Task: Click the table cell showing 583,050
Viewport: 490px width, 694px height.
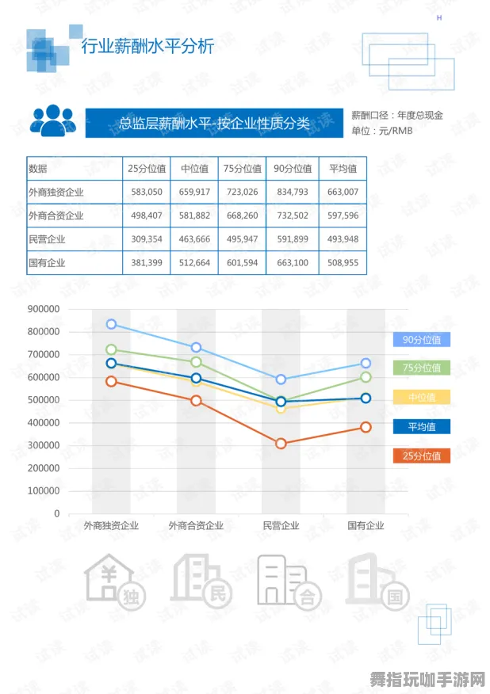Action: coord(147,192)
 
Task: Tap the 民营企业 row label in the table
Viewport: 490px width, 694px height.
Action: coord(48,239)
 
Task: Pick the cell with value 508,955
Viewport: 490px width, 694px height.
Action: coord(343,263)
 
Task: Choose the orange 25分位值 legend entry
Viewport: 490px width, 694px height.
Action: coord(422,456)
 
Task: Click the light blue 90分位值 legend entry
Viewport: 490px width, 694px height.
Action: coord(422,340)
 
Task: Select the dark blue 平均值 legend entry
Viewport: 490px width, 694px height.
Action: coord(422,427)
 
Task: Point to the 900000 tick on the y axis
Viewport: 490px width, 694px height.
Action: coord(44,309)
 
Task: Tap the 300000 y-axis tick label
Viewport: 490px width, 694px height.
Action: coord(44,445)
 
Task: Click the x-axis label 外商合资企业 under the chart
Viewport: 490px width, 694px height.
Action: coord(196,525)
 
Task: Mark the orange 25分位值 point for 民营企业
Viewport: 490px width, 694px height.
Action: coord(281,444)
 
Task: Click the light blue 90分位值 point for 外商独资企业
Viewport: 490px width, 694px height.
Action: coord(111,324)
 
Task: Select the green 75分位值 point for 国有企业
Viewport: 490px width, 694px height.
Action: coord(366,377)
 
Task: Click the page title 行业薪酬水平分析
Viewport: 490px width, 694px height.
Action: coord(148,47)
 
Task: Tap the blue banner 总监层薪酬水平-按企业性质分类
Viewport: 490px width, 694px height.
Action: coord(213,123)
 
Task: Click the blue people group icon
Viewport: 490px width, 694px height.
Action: coord(53,120)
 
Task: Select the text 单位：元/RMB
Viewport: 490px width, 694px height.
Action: coord(382,131)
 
